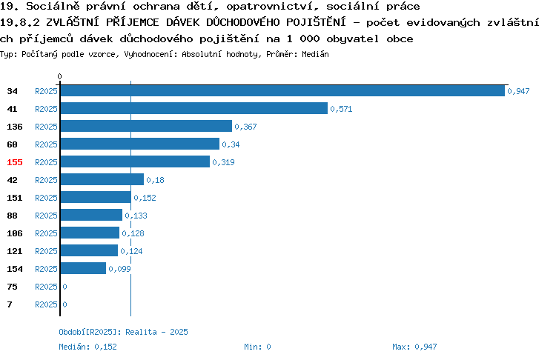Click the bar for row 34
[x=282, y=90]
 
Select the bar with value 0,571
[x=194, y=108]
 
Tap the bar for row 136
[x=146, y=126]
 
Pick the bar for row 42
[x=102, y=180]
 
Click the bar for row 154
[x=83, y=269]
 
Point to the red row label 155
[x=15, y=162]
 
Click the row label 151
[x=15, y=198]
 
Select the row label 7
[x=10, y=304]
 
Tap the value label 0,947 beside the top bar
[x=518, y=91]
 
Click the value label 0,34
[x=231, y=144]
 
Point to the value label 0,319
[x=223, y=162]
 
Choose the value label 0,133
[x=136, y=216]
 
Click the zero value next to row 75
[x=65, y=287]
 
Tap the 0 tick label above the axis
[x=59, y=76]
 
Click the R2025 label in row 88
[x=46, y=216]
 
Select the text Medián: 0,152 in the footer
[x=88, y=347]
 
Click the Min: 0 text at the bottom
[x=257, y=347]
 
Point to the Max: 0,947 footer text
[x=414, y=347]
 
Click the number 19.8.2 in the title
[x=20, y=22]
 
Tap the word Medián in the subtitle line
[x=315, y=54]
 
